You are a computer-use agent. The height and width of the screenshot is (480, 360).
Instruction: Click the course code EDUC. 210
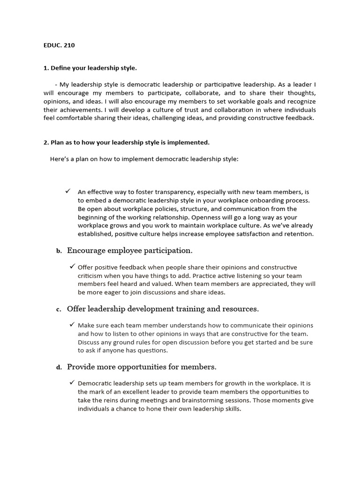coord(59,45)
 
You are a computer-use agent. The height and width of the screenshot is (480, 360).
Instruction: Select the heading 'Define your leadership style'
coord(90,68)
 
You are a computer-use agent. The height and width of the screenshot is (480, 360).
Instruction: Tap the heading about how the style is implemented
coord(126,142)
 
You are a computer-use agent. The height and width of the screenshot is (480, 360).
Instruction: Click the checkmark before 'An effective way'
coord(68,191)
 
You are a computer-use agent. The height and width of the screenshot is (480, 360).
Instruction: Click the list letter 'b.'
coord(59,251)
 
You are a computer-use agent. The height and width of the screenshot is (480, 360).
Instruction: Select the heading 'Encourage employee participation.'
coord(129,250)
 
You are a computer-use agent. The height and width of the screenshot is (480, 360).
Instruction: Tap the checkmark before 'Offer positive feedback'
coord(73,267)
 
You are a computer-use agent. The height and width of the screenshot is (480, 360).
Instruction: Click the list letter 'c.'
coord(59,309)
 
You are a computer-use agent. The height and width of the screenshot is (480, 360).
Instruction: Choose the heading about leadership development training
coord(163,309)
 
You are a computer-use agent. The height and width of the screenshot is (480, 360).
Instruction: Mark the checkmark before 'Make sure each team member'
coord(73,325)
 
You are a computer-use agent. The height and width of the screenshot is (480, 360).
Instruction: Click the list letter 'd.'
coord(59,367)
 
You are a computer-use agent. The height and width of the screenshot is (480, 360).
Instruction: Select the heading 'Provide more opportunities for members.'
coord(142,367)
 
